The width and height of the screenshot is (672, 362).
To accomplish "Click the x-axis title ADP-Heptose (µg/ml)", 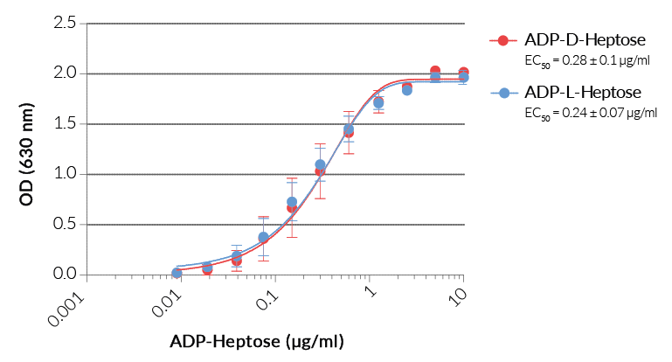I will (x=257, y=340).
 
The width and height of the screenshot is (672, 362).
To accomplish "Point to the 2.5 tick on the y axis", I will (x=65, y=23).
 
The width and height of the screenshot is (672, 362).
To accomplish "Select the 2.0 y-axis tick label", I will (x=65, y=73).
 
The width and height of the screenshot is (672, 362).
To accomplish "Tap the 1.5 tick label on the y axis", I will (x=65, y=123).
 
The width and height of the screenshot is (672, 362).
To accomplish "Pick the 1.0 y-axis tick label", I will (x=65, y=174).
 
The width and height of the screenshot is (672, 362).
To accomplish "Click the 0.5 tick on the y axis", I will (x=65, y=224).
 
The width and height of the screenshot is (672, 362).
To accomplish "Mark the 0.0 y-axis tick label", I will (x=65, y=275).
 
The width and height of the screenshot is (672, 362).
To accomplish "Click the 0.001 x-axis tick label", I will (x=69, y=303).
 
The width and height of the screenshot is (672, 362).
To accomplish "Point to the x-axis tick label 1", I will (x=370, y=290).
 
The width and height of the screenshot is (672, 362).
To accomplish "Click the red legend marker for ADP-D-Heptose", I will (x=502, y=41).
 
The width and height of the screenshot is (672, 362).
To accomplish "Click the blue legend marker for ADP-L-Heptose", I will (x=502, y=93).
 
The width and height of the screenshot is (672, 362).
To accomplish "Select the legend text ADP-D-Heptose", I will (x=585, y=41).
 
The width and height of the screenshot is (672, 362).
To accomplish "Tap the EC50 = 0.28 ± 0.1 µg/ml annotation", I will (x=585, y=61).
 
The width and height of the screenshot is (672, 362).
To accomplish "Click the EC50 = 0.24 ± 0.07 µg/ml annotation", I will (x=590, y=113).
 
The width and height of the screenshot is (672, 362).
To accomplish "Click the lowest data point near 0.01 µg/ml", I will (x=177, y=273).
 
